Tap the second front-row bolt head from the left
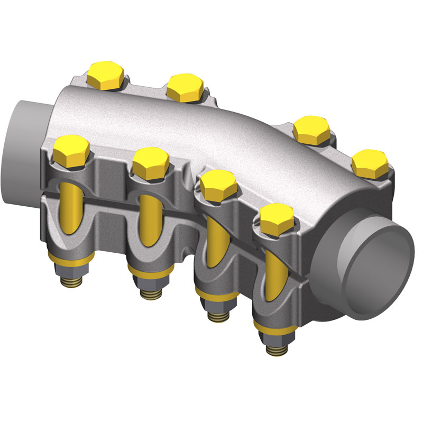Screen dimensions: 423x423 [150, 162]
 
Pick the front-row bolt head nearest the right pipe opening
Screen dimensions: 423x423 [277, 218]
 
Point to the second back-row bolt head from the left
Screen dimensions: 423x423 [185, 87]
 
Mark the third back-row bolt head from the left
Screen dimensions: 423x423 [312, 129]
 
